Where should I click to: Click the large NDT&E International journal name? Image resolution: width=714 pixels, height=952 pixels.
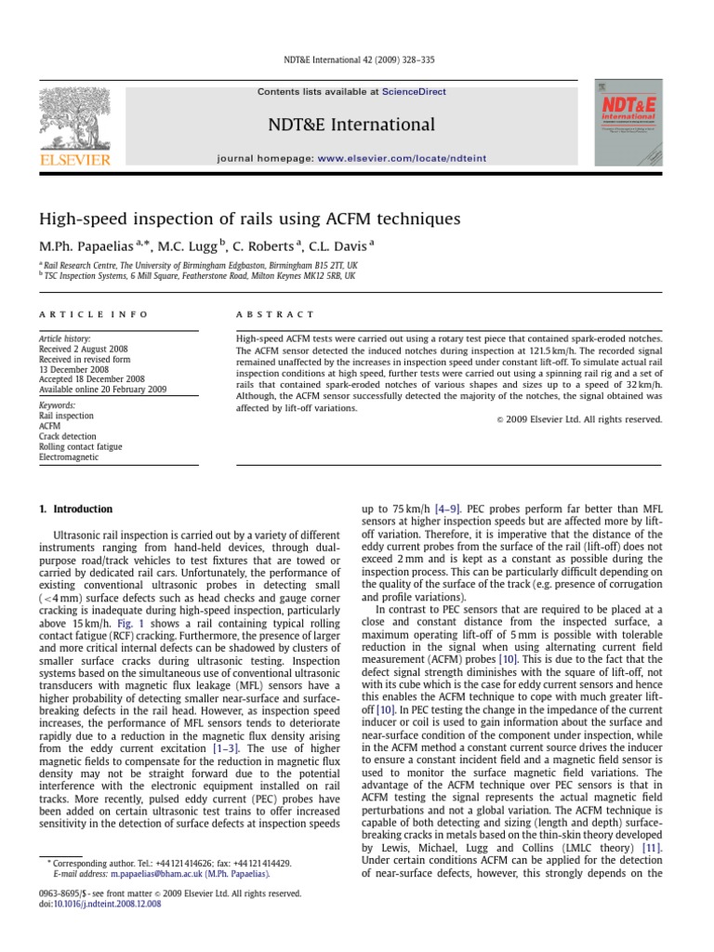click(x=351, y=125)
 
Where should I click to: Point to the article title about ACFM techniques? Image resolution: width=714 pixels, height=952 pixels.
click(x=248, y=219)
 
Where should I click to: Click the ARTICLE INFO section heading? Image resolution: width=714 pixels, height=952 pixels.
click(x=75, y=315)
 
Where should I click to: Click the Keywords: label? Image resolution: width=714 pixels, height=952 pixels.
click(x=59, y=405)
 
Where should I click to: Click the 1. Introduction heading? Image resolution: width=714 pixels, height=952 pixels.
click(x=75, y=509)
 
